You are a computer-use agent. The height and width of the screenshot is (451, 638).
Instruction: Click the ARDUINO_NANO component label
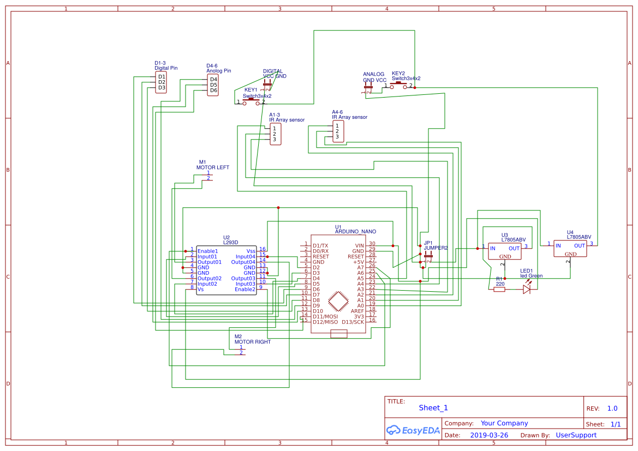(x=355, y=232)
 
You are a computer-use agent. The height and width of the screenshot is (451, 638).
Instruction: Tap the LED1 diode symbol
(x=526, y=290)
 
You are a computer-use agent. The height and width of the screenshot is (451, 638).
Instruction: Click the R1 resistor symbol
(x=499, y=290)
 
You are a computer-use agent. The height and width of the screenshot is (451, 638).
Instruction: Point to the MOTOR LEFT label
(x=213, y=167)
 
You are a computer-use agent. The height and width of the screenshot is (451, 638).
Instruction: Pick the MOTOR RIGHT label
(x=252, y=342)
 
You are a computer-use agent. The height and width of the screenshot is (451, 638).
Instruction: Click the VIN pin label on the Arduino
(x=359, y=245)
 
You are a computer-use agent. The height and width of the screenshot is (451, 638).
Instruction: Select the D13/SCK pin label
(x=353, y=322)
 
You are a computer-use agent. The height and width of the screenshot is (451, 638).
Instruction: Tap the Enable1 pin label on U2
(x=208, y=251)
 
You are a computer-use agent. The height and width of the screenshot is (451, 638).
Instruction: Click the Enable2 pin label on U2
(x=245, y=289)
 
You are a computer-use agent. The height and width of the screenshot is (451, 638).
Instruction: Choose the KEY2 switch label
(x=398, y=73)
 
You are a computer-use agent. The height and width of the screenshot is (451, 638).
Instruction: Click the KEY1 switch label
(x=251, y=89)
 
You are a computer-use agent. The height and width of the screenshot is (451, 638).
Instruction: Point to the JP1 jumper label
(x=428, y=243)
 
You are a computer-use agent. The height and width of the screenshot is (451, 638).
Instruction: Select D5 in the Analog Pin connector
(x=213, y=85)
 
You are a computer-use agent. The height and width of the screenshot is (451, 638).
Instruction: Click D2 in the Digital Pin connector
(x=162, y=82)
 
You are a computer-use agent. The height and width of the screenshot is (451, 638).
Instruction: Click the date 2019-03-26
(x=488, y=435)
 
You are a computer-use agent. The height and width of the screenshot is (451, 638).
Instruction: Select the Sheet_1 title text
(x=433, y=407)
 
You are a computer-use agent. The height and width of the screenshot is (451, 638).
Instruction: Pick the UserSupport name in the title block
(x=576, y=435)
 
